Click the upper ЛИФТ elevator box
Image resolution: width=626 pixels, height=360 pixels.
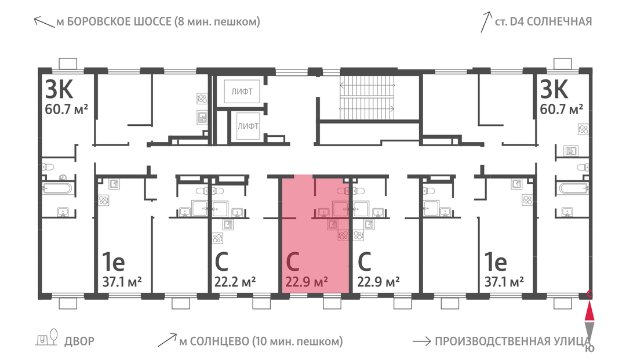point(242,92)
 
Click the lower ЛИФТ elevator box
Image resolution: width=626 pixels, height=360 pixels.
point(248,126)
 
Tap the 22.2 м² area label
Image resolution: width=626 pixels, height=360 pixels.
point(235,282)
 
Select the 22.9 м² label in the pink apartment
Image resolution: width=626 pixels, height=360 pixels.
point(307,282)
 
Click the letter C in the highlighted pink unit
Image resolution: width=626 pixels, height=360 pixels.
point(293,262)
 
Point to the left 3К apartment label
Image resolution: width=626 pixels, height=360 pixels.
point(59,89)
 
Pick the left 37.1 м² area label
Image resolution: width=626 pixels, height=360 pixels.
point(122,282)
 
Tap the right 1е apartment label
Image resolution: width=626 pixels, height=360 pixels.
point(496,262)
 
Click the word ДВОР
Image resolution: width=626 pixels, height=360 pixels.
point(79,341)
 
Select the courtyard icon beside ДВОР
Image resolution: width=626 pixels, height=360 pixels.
point(47,337)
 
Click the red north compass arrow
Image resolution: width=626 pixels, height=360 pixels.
point(589,312)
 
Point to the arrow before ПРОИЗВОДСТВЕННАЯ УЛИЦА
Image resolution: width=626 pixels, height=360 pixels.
point(421,341)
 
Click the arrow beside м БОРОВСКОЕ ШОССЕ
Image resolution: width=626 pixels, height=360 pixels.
point(44,22)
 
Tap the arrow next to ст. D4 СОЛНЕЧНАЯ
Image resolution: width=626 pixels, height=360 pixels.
point(486,22)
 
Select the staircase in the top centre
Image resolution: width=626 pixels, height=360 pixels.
point(367,97)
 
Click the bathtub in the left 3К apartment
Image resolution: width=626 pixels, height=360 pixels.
point(59,188)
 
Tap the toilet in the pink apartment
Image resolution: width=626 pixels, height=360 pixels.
point(343,191)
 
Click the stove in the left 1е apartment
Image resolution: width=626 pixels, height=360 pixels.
point(104,201)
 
